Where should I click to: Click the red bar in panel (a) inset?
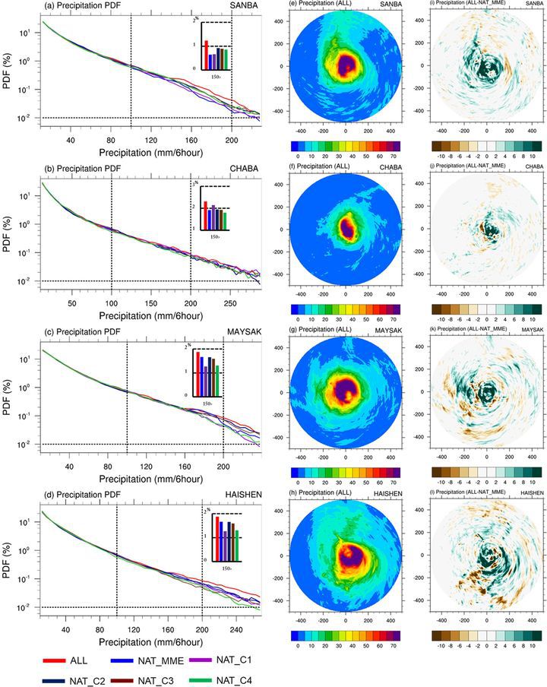206,54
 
